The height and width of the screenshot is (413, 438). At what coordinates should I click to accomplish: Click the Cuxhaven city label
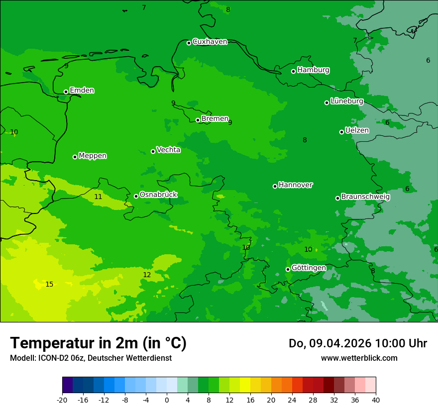[x=210, y=42]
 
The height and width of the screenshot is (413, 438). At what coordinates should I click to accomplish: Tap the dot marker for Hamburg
[x=294, y=71]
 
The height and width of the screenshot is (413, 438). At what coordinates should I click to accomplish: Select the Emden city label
[x=82, y=91]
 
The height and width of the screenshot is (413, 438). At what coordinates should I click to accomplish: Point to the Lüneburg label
[x=346, y=102]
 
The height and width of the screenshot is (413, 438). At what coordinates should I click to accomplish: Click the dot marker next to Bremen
[x=198, y=120]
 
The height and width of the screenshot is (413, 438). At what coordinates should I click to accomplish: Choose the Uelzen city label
[x=357, y=131]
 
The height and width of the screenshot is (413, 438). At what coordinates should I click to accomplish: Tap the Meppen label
[x=92, y=156]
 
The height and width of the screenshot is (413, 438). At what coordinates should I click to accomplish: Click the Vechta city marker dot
[x=153, y=151]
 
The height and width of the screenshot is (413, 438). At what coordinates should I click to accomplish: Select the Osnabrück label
[x=158, y=195]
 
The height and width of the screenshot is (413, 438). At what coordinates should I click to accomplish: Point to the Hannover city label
[x=295, y=185]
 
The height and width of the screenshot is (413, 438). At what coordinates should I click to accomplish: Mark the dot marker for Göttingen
[x=288, y=269]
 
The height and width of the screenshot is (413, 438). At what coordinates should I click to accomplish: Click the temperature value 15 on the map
[x=49, y=285]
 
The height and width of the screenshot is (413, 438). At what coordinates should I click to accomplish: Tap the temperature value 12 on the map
[x=147, y=275]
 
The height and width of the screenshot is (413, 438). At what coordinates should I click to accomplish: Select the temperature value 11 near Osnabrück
[x=98, y=197]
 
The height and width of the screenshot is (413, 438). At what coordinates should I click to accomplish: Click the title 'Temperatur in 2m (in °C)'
[x=98, y=343]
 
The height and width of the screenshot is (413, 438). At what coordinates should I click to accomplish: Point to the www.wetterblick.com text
[x=359, y=358]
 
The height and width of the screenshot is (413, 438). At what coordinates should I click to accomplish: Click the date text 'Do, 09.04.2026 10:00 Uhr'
[x=357, y=343]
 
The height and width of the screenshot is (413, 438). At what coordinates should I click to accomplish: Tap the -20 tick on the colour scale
[x=62, y=400]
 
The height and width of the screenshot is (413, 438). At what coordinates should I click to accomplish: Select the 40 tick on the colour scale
[x=375, y=400]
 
